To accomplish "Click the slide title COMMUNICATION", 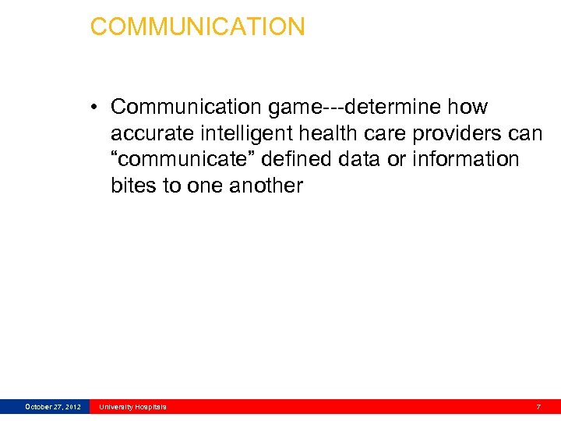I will [197, 27].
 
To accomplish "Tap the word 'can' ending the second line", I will [525, 133].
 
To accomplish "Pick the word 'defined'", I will [298, 160].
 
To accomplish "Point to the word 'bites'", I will [134, 186].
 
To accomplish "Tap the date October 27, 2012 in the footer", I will [52, 407].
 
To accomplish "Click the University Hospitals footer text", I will [132, 407].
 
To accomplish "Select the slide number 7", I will [538, 407].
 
